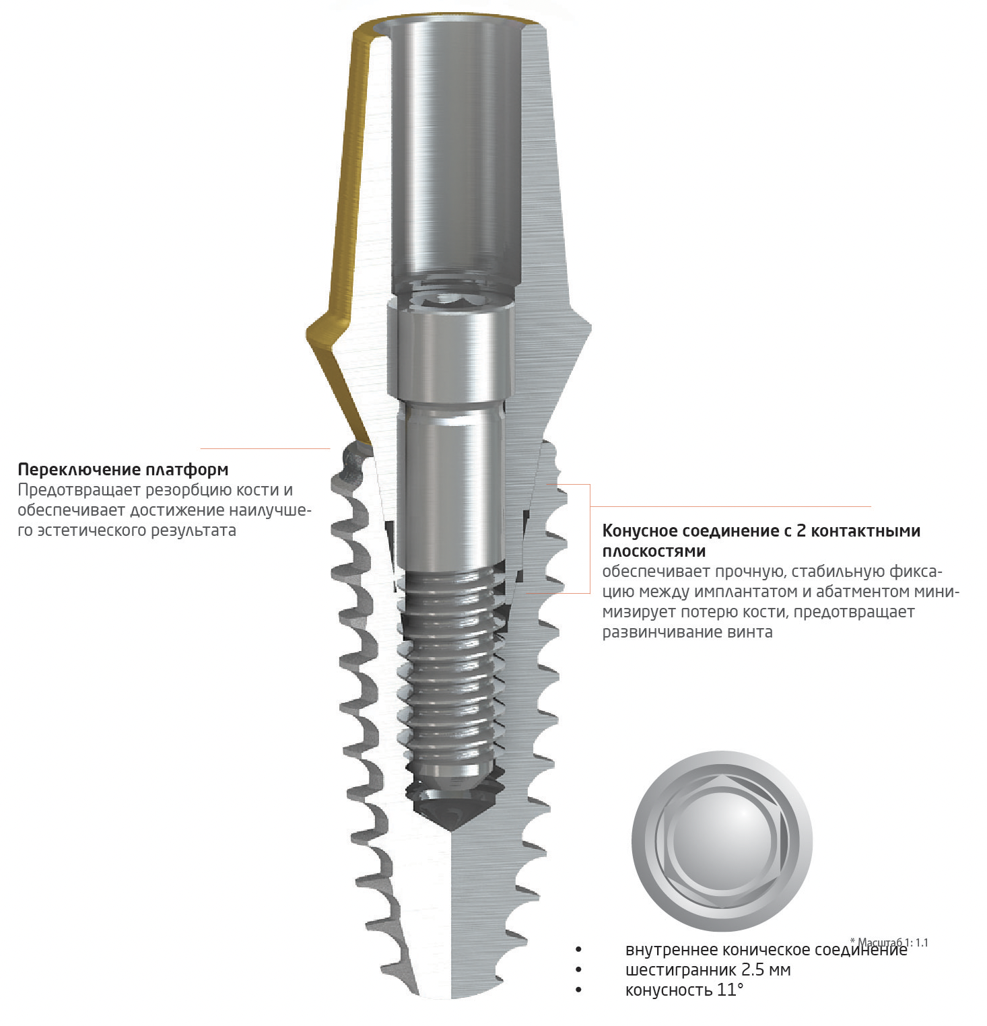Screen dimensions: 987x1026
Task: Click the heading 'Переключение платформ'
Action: click(123, 469)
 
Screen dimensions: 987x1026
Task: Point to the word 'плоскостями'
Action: click(654, 551)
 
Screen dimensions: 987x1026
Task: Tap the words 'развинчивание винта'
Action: click(687, 632)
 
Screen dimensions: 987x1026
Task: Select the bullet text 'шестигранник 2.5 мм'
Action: click(708, 970)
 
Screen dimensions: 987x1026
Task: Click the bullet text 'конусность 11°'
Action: click(685, 990)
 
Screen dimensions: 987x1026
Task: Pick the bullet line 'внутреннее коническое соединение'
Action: click(766, 950)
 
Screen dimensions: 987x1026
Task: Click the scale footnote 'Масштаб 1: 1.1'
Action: click(889, 943)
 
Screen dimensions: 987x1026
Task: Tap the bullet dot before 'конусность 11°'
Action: click(578, 990)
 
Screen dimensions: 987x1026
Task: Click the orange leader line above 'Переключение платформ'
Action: click(265, 448)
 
